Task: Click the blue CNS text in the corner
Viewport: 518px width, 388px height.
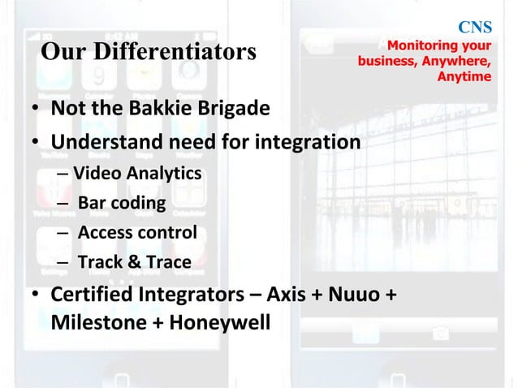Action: tap(477, 28)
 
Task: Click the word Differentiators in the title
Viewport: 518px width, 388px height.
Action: tap(183, 52)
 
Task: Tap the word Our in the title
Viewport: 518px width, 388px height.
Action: tap(59, 52)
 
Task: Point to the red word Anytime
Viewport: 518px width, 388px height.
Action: tap(464, 77)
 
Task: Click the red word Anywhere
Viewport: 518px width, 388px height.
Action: tap(457, 62)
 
